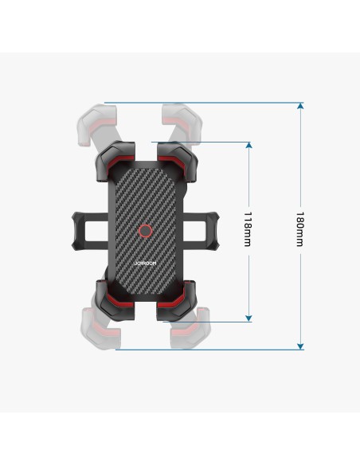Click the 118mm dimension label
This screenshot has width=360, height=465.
(x=248, y=229)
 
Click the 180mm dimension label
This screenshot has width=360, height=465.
(x=299, y=229)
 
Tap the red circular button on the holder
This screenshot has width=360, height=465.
(x=145, y=231)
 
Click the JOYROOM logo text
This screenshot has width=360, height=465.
(x=145, y=264)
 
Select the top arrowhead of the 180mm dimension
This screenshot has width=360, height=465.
(x=300, y=105)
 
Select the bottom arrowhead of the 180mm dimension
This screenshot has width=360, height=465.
(x=300, y=346)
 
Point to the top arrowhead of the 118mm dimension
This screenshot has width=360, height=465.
(x=248, y=145)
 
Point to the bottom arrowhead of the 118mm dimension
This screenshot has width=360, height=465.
(x=248, y=318)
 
